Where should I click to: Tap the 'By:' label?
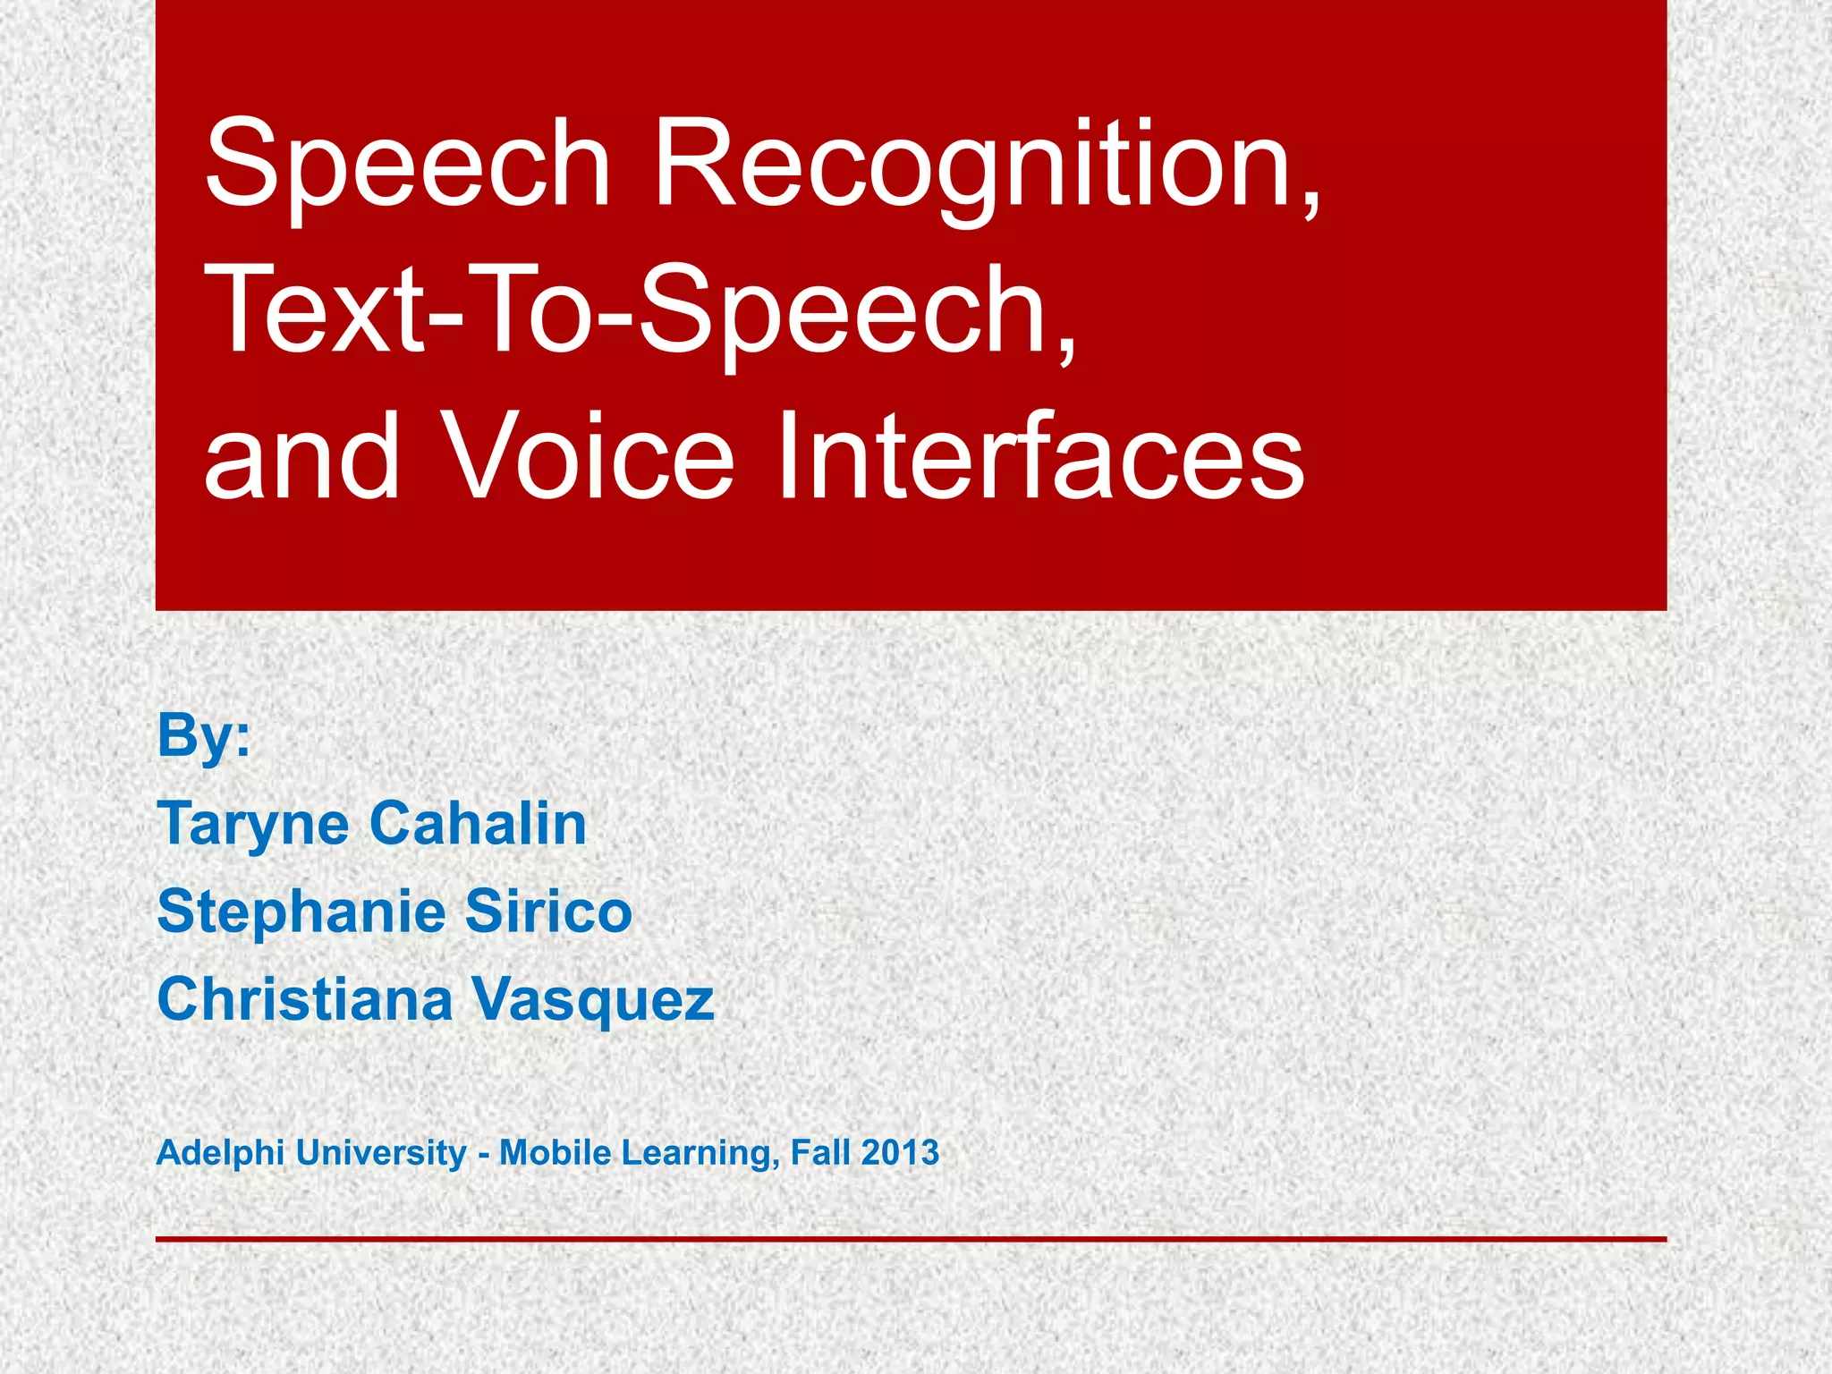(x=204, y=736)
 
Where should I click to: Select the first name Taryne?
(x=253, y=824)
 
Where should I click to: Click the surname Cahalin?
(x=478, y=824)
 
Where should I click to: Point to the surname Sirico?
(x=548, y=912)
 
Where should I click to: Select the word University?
(x=381, y=1152)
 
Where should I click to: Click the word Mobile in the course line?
(x=555, y=1152)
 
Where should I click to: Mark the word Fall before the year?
(x=820, y=1152)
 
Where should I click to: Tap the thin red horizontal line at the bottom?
(x=911, y=1239)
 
